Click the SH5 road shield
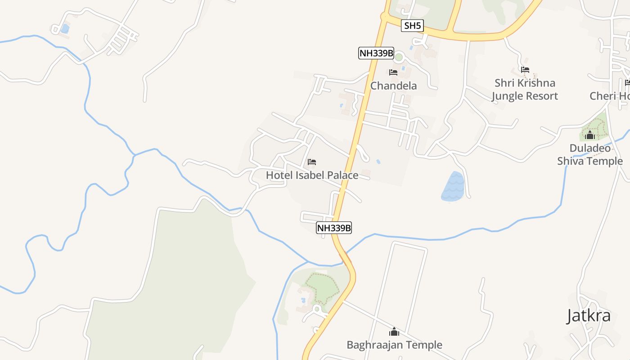[412, 26]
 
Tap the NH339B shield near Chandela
[376, 54]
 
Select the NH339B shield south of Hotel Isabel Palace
[333, 228]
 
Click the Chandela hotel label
[393, 85]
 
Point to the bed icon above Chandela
[393, 72]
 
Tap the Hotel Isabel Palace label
[312, 175]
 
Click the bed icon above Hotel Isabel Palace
[312, 162]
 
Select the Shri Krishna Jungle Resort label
[524, 89]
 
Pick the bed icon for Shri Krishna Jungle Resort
[525, 70]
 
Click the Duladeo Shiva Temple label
[590, 154]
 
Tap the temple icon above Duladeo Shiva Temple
[589, 135]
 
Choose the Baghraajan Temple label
[394, 345]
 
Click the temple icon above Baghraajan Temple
[394, 332]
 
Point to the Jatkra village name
[588, 315]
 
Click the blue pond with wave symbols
[453, 187]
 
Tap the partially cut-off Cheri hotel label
[609, 96]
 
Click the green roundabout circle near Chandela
[399, 57]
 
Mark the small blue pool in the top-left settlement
[65, 29]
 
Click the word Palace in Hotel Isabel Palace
[341, 175]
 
